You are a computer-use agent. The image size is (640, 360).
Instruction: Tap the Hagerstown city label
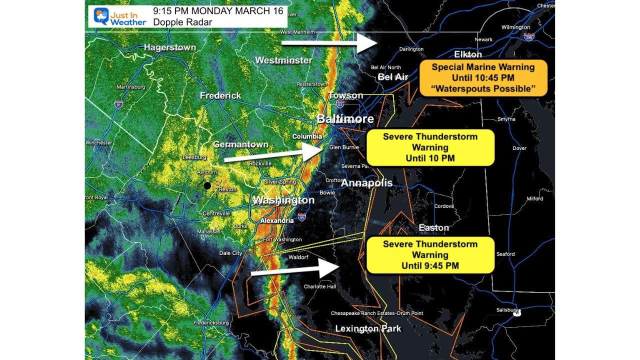coord(169,47)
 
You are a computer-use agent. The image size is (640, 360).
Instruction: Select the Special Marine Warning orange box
coord(483,78)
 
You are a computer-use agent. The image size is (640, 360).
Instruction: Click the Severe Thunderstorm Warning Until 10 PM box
coord(430,147)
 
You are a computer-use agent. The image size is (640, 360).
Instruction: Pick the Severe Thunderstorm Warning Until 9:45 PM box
coord(430,255)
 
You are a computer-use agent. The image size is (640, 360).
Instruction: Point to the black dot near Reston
coord(207,185)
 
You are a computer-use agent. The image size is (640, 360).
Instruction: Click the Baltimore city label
coord(345,119)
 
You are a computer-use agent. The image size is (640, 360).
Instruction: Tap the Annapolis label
coord(366,183)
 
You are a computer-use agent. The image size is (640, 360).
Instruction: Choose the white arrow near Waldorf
coord(294,269)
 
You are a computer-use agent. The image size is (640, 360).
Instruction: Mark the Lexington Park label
coord(368,329)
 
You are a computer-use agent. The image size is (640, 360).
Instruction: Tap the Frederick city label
coord(220,95)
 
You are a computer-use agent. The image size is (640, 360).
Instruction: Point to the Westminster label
coord(283,60)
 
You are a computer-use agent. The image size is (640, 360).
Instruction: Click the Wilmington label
coord(515,27)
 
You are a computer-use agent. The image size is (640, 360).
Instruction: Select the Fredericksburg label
coord(211,323)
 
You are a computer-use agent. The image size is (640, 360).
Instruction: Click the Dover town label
coord(519,148)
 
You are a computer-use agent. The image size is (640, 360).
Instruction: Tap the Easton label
coord(433,228)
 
